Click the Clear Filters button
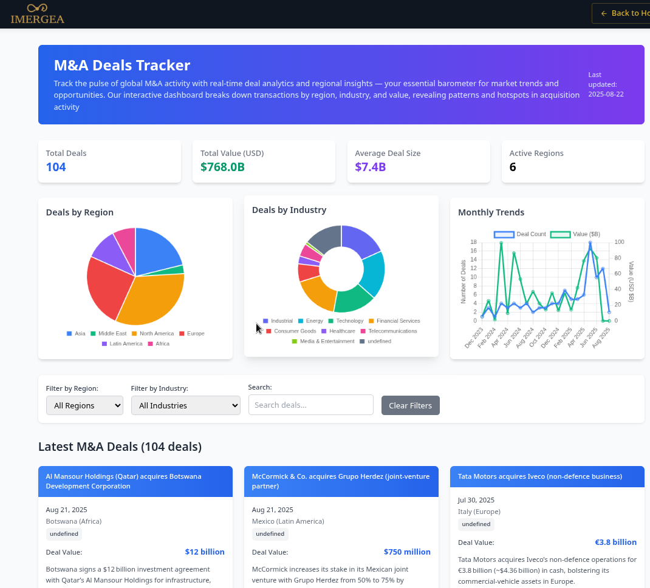coord(410,405)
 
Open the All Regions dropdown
coord(84,405)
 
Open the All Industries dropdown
coord(185,405)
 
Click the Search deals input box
coord(310,405)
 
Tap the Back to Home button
coord(621,13)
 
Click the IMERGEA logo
coord(37,14)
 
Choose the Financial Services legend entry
coord(394,321)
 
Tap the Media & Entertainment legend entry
coord(323,342)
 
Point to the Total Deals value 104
coord(56,167)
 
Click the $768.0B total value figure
coord(222,167)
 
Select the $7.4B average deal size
coord(371,167)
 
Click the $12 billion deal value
coord(205,552)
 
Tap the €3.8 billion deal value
coord(615,542)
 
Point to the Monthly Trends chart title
coord(491,212)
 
